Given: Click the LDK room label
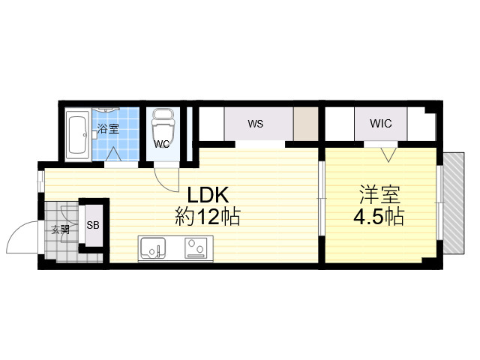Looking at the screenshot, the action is click(208, 195).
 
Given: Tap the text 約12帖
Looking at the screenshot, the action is click(208, 217).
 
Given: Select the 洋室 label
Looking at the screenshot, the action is click(379, 195).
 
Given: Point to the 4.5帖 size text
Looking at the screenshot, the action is click(379, 217).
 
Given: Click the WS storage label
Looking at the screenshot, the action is click(256, 124).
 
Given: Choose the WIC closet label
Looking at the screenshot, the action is click(380, 123).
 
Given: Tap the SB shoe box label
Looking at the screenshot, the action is click(93, 225).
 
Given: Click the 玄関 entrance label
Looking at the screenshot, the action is click(60, 229).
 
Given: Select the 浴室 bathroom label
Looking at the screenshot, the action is click(108, 128).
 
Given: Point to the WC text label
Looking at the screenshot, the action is click(162, 144).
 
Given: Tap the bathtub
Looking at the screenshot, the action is click(77, 133).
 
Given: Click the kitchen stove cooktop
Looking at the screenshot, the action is click(196, 247).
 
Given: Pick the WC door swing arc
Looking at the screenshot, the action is click(163, 184).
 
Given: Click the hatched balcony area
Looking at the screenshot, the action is click(454, 203).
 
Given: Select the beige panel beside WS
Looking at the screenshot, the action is click(305, 124).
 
